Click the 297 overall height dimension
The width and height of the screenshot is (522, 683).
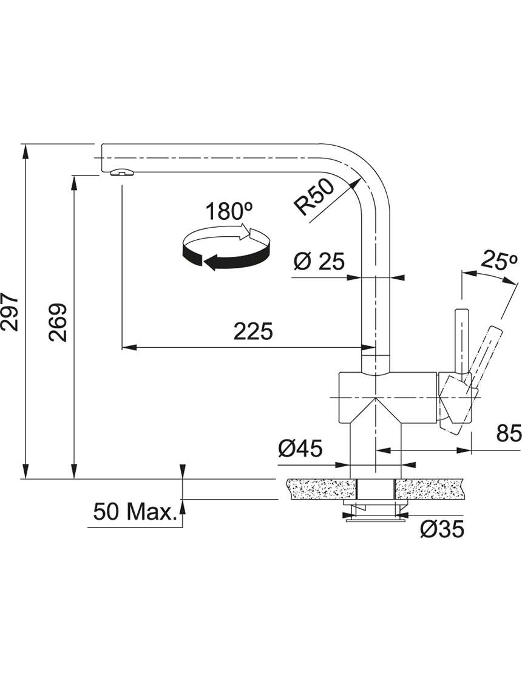(10, 312)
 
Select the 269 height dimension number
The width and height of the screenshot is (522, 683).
(58, 322)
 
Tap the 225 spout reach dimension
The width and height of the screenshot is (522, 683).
(253, 331)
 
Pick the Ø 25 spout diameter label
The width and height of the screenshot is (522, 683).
(319, 261)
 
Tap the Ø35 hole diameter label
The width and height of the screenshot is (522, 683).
(442, 529)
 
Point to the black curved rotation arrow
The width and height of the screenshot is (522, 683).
(226, 254)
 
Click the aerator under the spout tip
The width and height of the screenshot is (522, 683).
(123, 172)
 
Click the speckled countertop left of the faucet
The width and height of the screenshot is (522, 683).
(321, 488)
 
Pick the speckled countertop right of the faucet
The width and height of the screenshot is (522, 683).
(429, 488)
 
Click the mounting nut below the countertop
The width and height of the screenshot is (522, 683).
(375, 509)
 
